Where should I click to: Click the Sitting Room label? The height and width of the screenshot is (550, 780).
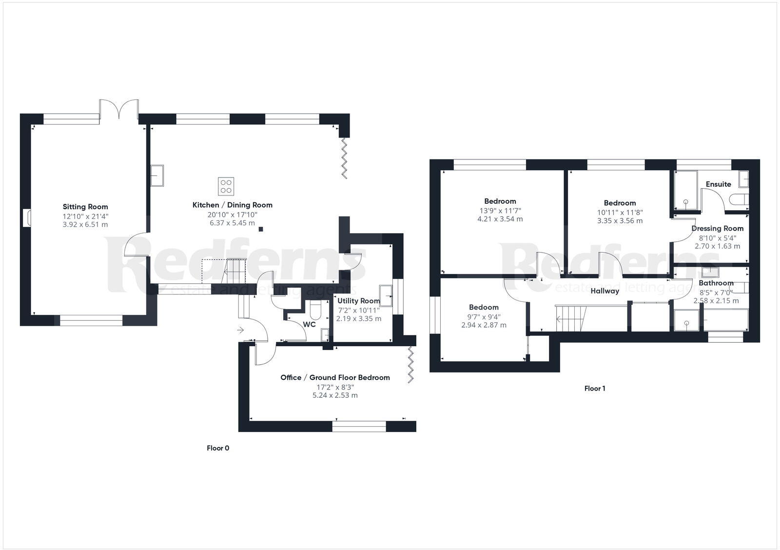click(x=85, y=207)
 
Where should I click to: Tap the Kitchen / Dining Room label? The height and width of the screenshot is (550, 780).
click(x=232, y=205)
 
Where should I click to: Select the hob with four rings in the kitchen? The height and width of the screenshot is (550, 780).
click(x=226, y=186)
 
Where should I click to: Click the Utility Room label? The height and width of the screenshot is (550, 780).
click(x=358, y=301)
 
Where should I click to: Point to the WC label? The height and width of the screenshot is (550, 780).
click(x=309, y=324)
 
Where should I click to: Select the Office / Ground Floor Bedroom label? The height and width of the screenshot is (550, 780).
click(x=335, y=377)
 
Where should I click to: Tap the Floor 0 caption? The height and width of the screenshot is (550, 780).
click(x=217, y=448)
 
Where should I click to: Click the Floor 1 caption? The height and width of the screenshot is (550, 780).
click(x=595, y=389)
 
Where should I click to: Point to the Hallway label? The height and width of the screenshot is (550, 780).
click(x=604, y=291)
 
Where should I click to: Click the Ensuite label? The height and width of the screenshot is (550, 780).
click(x=718, y=184)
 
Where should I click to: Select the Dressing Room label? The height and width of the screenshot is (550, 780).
click(x=717, y=228)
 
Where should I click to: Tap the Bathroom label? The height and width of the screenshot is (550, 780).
click(x=716, y=283)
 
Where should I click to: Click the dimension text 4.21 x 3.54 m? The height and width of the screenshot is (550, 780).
click(x=500, y=219)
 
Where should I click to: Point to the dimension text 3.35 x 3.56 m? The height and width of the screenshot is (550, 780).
click(x=620, y=220)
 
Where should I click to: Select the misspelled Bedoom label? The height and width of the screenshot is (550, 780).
click(x=484, y=307)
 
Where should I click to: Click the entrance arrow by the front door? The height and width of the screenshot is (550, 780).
click(x=240, y=331)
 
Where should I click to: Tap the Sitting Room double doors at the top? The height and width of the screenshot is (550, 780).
click(x=119, y=108)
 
